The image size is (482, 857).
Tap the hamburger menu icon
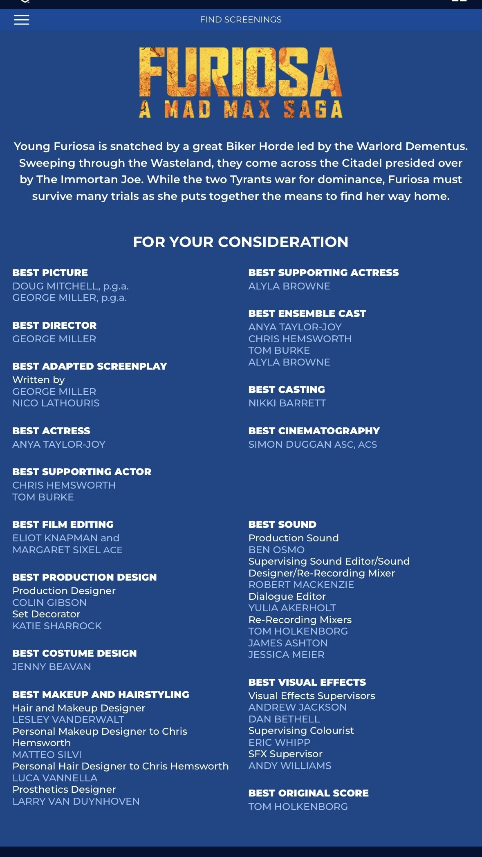(x=22, y=20)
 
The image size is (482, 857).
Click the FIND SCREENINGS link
(x=241, y=20)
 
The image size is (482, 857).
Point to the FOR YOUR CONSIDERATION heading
(x=241, y=242)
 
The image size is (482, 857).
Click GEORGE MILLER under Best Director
(x=54, y=339)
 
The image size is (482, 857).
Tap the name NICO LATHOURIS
(x=56, y=403)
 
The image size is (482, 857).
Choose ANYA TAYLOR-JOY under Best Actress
(x=59, y=444)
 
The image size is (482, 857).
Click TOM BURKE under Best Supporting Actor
(x=43, y=497)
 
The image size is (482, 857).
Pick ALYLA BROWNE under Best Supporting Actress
(x=289, y=286)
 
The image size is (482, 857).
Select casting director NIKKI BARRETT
(x=287, y=403)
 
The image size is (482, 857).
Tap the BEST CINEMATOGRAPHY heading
(x=314, y=431)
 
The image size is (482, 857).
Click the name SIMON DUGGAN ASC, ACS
(x=313, y=444)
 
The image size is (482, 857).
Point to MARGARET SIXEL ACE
(x=67, y=550)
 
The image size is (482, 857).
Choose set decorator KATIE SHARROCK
(x=57, y=626)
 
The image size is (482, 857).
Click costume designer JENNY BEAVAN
(x=52, y=667)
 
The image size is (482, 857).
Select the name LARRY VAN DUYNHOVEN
(x=76, y=801)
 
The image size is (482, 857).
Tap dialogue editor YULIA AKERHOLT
(x=292, y=608)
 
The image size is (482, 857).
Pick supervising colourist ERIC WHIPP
(x=280, y=743)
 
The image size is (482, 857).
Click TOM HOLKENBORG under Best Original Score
(x=298, y=807)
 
